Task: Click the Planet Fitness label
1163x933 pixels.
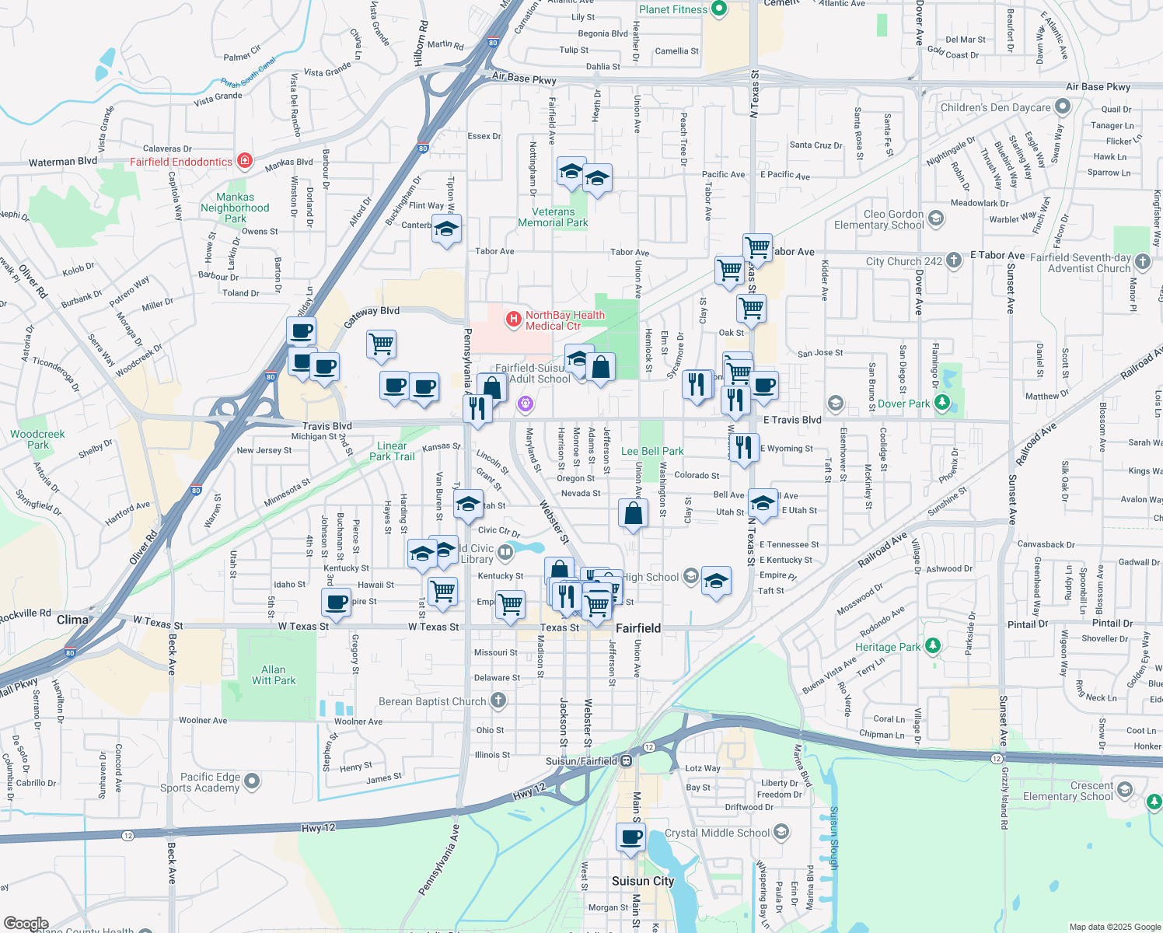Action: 673,9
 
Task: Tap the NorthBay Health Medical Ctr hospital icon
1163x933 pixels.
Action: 513,319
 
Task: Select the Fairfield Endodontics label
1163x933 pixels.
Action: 181,162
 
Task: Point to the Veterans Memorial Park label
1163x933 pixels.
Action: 553,217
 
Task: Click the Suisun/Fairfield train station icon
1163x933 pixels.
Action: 626,761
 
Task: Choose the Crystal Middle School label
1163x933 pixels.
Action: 717,833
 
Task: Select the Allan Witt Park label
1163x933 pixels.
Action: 274,675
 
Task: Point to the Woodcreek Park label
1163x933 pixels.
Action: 37,439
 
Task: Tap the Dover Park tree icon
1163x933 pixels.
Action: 942,402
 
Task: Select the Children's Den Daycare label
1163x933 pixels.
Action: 995,107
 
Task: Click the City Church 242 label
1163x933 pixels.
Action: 903,261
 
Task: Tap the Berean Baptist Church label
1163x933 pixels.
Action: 432,701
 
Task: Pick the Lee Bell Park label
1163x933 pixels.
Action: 652,451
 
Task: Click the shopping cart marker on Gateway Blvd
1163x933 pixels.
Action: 381,344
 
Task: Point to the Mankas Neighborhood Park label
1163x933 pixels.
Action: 235,208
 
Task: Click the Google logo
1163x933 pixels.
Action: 26,924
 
